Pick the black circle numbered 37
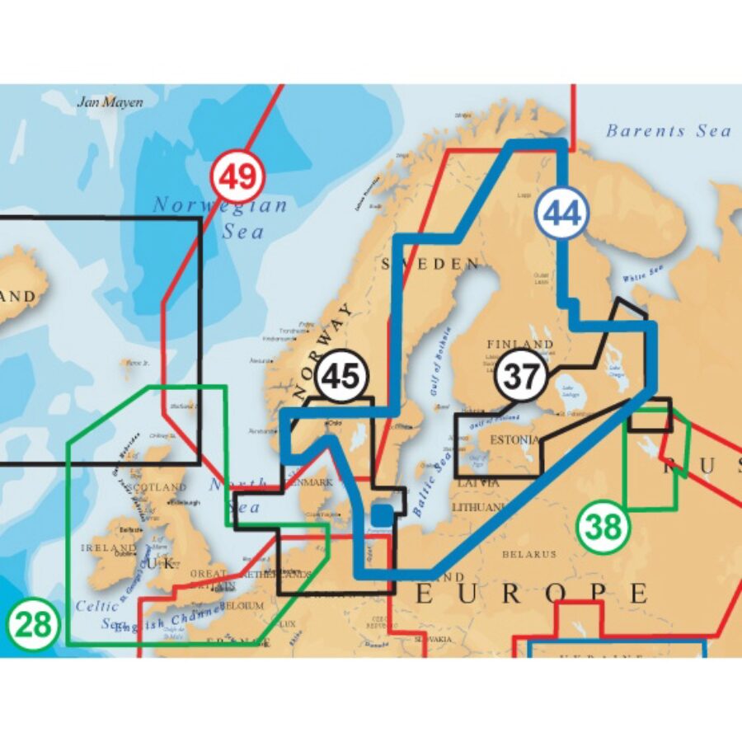pos(522,377)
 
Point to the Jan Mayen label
pos(110,103)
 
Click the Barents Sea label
pos(668,130)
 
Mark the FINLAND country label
pos(520,344)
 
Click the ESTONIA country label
pos(514,440)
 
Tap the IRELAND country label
pos(108,547)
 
